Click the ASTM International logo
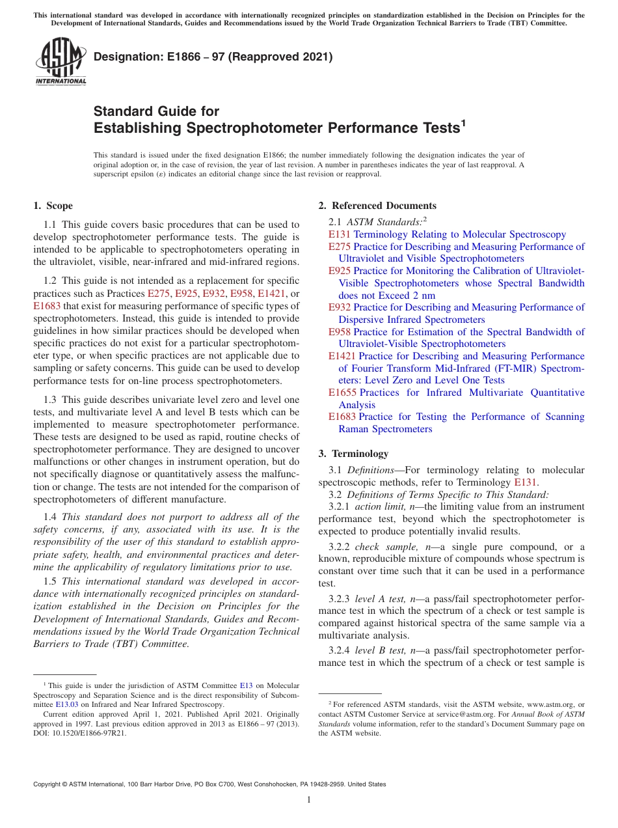coord(60,62)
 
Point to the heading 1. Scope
coord(53,206)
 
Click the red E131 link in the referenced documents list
coord(339,234)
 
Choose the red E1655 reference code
coord(342,393)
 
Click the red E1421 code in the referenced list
coord(342,356)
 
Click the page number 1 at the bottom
coord(309,799)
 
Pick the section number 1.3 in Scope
coord(50,399)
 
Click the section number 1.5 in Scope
coord(50,581)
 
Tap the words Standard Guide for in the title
coord(157,111)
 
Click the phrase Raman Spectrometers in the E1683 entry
coord(385,429)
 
